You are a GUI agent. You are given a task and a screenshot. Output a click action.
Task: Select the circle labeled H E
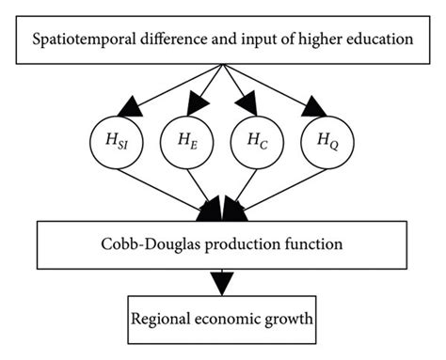click(184, 145)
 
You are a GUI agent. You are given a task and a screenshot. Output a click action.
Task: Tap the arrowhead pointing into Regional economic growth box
click(223, 281)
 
